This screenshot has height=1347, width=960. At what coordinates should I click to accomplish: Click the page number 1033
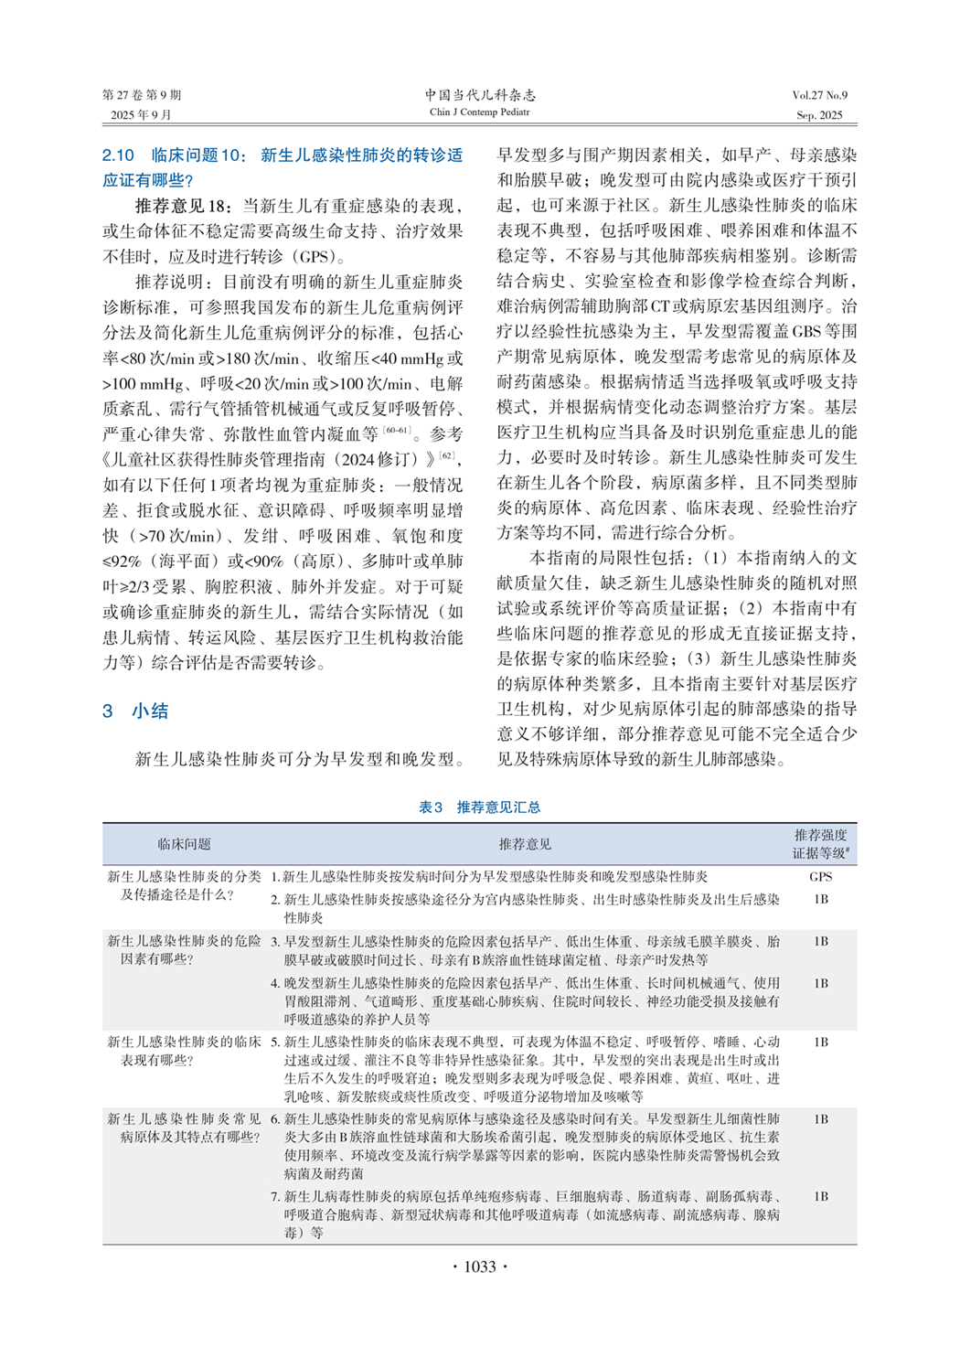[479, 1267]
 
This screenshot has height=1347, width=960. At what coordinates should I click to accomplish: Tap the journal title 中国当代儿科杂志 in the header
[480, 95]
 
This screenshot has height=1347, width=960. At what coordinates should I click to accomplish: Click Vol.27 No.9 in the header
[819, 95]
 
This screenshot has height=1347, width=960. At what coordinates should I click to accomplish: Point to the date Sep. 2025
[819, 115]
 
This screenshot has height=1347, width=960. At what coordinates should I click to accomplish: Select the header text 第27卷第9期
[142, 95]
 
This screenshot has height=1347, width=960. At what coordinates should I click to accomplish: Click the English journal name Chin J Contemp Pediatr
[480, 112]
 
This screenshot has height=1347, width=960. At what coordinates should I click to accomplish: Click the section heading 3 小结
[135, 711]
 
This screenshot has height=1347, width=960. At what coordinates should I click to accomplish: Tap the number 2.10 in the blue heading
[118, 155]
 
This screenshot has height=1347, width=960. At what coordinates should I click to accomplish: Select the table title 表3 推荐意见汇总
[479, 807]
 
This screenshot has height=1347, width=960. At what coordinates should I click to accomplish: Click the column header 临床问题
[184, 844]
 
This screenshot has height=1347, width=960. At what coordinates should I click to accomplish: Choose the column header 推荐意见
[525, 844]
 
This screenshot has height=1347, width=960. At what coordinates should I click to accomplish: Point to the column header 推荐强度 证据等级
[820, 844]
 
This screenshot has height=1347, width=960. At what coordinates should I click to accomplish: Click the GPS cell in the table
[820, 876]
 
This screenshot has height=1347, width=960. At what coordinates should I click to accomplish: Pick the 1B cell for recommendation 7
[820, 1196]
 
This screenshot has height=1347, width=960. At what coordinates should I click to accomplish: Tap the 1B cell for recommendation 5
[820, 1042]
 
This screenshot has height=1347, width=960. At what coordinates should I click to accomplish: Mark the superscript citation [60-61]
[397, 430]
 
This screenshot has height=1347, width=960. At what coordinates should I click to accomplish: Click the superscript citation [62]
[446, 455]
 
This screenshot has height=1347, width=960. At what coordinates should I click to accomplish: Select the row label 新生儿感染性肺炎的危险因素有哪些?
[184, 949]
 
